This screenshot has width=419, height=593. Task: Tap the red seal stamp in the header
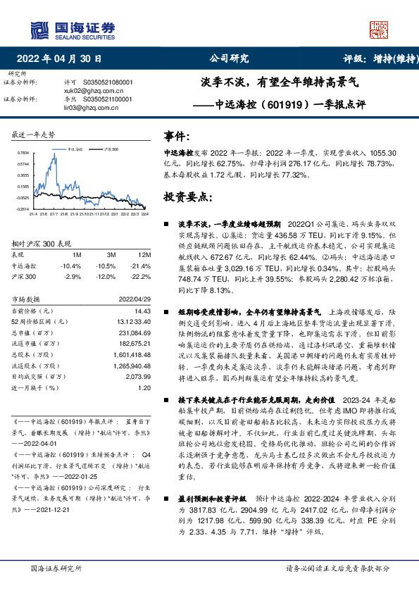tap(379, 29)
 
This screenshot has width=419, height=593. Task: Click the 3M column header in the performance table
tap(111, 254)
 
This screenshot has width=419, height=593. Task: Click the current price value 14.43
tap(142, 311)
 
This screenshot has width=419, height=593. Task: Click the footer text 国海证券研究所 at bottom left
tap(53, 568)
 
